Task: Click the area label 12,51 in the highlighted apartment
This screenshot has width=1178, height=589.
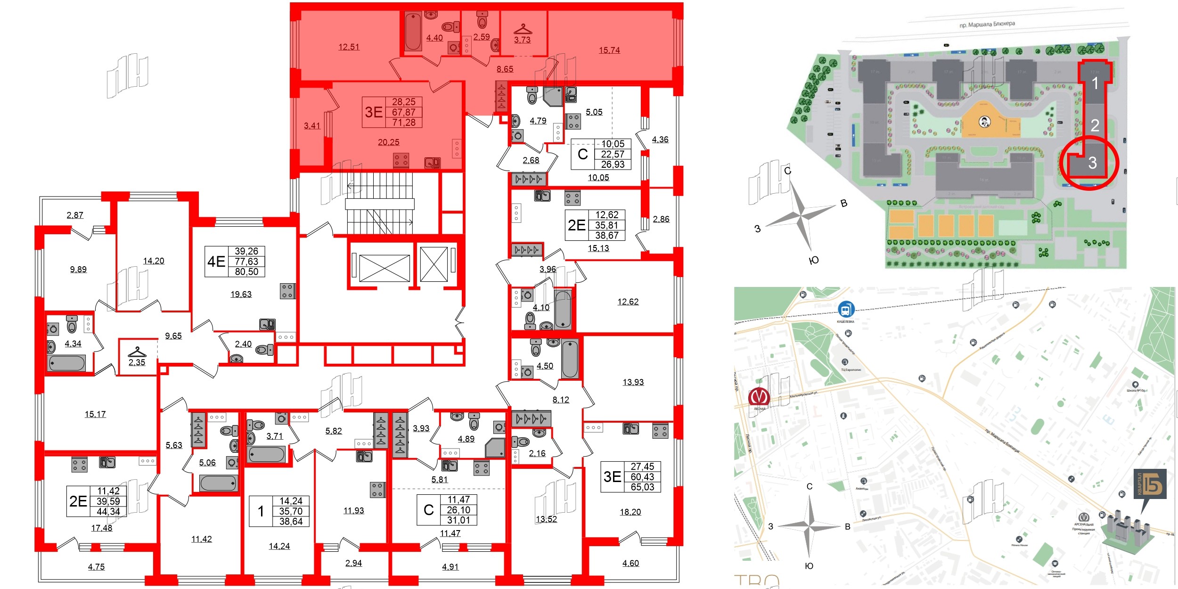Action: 349,47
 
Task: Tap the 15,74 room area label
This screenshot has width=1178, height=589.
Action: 609,50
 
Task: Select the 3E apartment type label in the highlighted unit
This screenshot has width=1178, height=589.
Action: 374,112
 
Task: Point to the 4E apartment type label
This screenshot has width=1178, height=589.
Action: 216,261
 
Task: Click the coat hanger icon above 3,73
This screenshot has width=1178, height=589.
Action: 523,30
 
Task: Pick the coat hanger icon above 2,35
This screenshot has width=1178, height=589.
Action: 137,352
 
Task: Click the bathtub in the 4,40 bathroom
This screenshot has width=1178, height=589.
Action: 413,31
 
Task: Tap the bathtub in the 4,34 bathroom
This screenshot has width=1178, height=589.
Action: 66,363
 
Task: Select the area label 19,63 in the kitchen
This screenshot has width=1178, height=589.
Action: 241,294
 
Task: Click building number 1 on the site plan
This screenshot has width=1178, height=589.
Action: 1095,83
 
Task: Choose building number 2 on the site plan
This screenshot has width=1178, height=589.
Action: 1095,125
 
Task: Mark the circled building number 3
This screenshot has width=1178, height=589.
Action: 1093,163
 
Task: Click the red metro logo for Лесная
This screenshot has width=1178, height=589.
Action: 759,396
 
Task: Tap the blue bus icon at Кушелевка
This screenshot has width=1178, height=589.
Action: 846,310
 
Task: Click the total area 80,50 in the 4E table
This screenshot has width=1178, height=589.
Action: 246,271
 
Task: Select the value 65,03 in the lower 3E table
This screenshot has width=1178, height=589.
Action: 642,487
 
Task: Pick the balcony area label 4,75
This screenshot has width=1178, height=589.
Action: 96,566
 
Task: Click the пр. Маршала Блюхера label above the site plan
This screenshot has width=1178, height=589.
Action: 987,24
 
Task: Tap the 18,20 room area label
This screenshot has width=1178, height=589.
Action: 630,512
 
